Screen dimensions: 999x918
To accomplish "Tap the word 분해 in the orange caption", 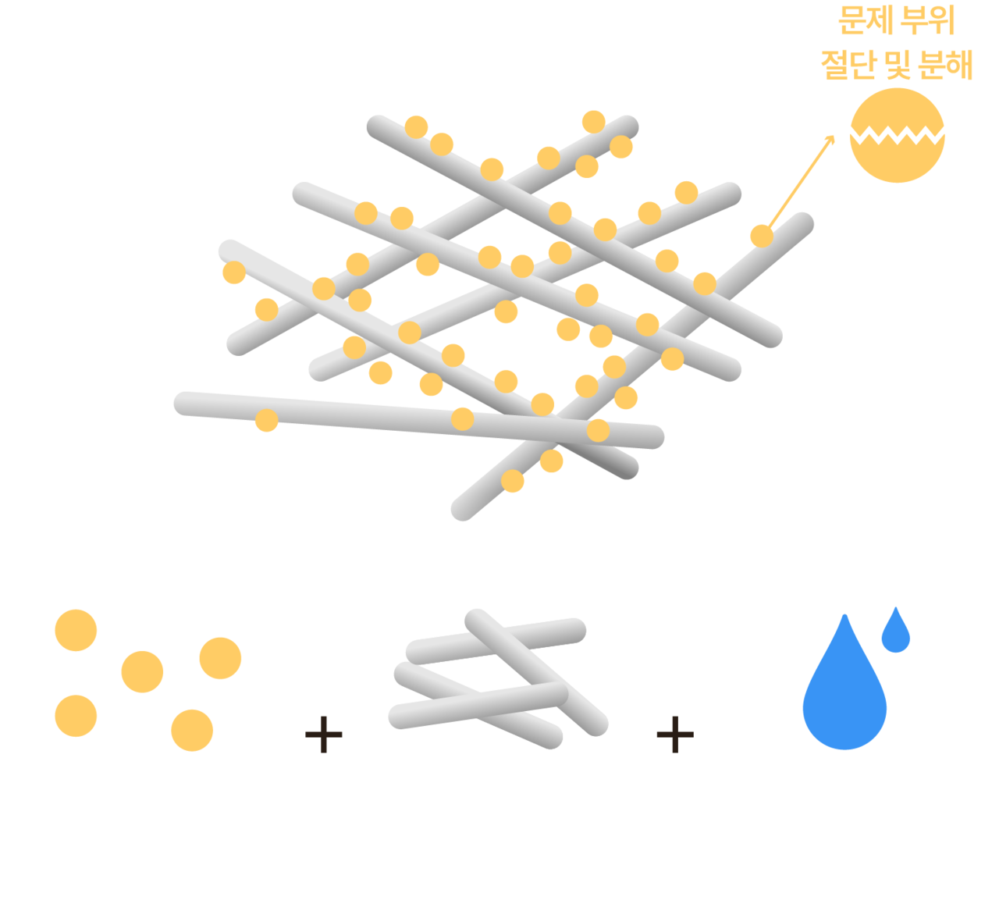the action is coord(946,65).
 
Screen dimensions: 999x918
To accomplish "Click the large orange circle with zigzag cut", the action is coord(897,136).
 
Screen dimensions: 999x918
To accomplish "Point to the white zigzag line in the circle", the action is coord(897,135).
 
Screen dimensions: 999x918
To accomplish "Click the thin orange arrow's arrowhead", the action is coord(830,140).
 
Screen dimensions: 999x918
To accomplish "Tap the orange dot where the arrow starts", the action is coord(762,236).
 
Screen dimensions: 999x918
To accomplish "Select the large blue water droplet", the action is coord(844,682).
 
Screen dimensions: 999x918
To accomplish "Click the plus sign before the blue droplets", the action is coord(675,735).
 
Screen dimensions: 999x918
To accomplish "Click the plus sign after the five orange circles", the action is coord(324,735).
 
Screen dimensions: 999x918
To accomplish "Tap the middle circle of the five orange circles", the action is coord(142,672).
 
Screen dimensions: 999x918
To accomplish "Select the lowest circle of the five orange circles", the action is coord(192,731).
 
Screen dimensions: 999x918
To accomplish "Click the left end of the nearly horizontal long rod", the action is coord(185,404).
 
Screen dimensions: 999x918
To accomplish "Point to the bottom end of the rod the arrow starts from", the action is coord(462,510).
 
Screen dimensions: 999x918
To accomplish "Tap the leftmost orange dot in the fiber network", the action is coord(234,272).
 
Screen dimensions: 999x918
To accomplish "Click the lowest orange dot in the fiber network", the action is coord(513,481).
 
